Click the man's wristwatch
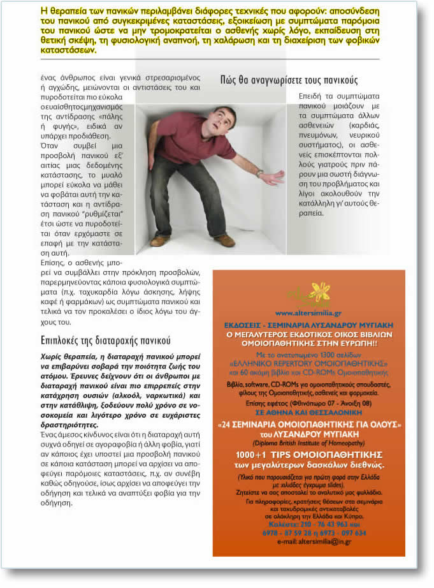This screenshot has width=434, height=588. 259,173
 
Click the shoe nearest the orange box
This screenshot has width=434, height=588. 224,240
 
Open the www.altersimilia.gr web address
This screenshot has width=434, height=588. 308,313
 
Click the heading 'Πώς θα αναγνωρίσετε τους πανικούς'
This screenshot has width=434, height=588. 289,80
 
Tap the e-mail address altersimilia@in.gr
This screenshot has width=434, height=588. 309,541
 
